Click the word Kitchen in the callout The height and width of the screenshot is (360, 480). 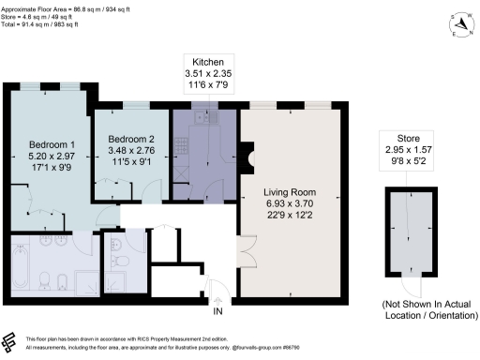tap(207, 61)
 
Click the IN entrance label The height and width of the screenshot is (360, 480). tap(217, 311)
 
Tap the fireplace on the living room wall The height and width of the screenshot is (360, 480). tap(246, 153)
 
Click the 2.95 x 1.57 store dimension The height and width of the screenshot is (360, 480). tap(412, 148)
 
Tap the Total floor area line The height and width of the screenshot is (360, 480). tap(43, 23)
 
